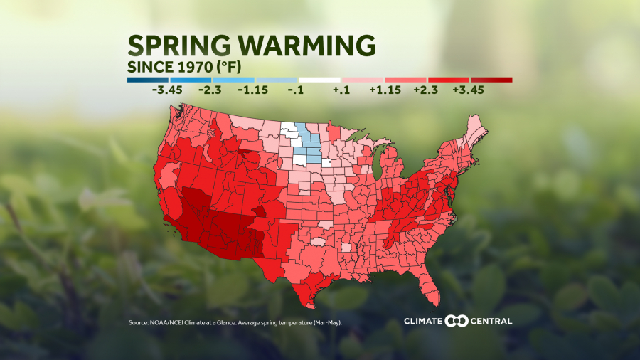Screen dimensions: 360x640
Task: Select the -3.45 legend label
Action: tap(167, 91)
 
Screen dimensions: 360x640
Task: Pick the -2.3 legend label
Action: tap(210, 91)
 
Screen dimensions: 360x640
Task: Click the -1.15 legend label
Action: tap(253, 91)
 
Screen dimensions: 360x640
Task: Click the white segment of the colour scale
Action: tap(320, 80)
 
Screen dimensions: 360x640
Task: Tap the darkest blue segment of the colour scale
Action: tap(149, 80)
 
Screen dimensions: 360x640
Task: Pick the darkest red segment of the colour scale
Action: tap(491, 80)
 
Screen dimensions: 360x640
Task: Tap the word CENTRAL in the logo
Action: tap(490, 321)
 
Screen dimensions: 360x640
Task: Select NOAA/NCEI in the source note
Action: tap(167, 323)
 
